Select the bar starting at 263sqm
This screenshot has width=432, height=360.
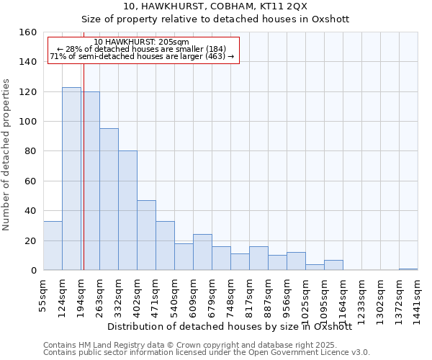(x=109, y=199)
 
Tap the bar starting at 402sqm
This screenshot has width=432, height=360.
(x=146, y=235)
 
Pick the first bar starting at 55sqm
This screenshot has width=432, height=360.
(x=53, y=246)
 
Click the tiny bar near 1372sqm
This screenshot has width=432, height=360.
(x=408, y=269)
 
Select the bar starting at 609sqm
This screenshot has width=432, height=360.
(x=202, y=252)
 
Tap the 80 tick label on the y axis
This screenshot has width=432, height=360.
(x=31, y=152)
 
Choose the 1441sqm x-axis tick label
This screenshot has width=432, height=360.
(x=418, y=299)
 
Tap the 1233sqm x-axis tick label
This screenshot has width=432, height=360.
(x=361, y=299)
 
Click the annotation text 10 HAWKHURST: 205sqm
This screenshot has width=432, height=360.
(x=142, y=42)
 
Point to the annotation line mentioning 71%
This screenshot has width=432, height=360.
(x=142, y=56)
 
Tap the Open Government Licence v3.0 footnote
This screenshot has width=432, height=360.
(x=207, y=353)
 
